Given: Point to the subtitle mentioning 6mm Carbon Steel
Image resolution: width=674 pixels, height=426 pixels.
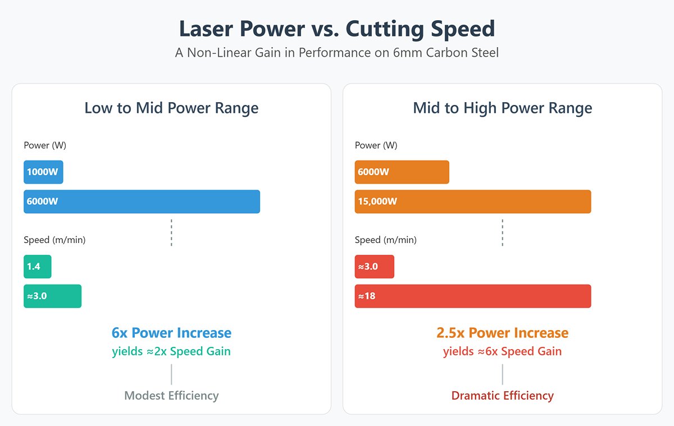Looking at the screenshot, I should [337, 53].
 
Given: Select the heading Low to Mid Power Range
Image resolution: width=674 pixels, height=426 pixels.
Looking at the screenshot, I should [171, 108].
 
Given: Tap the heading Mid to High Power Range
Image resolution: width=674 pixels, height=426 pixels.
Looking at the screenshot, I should [502, 108].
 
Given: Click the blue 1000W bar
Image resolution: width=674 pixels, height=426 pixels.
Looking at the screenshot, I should [43, 172].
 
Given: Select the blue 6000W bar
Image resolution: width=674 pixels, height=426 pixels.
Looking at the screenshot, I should [142, 201].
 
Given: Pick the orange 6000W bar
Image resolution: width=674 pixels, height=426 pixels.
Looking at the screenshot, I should [402, 172].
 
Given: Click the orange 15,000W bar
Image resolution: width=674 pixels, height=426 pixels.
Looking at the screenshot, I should [472, 201].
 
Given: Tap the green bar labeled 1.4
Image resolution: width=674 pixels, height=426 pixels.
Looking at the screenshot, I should [37, 266].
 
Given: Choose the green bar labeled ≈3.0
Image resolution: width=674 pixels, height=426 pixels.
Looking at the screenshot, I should [52, 296].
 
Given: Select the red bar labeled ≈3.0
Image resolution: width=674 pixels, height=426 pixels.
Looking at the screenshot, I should [374, 266].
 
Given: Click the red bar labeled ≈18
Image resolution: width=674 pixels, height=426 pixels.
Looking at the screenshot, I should [472, 296].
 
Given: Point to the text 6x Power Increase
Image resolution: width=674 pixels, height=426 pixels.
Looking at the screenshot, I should [171, 333].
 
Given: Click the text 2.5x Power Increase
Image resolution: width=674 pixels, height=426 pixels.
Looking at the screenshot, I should [502, 333].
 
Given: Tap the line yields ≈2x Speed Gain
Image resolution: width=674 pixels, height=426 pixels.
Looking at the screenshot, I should [171, 351].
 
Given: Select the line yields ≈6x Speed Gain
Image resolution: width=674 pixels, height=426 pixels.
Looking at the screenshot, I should [502, 351].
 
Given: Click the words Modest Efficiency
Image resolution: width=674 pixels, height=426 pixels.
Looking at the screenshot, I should [171, 396].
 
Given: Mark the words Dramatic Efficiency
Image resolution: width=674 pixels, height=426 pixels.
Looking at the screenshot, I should [502, 396].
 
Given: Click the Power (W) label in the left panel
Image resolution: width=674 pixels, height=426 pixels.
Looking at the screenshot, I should [45, 145].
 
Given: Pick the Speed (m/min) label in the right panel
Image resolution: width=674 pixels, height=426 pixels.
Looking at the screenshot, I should [385, 240].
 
